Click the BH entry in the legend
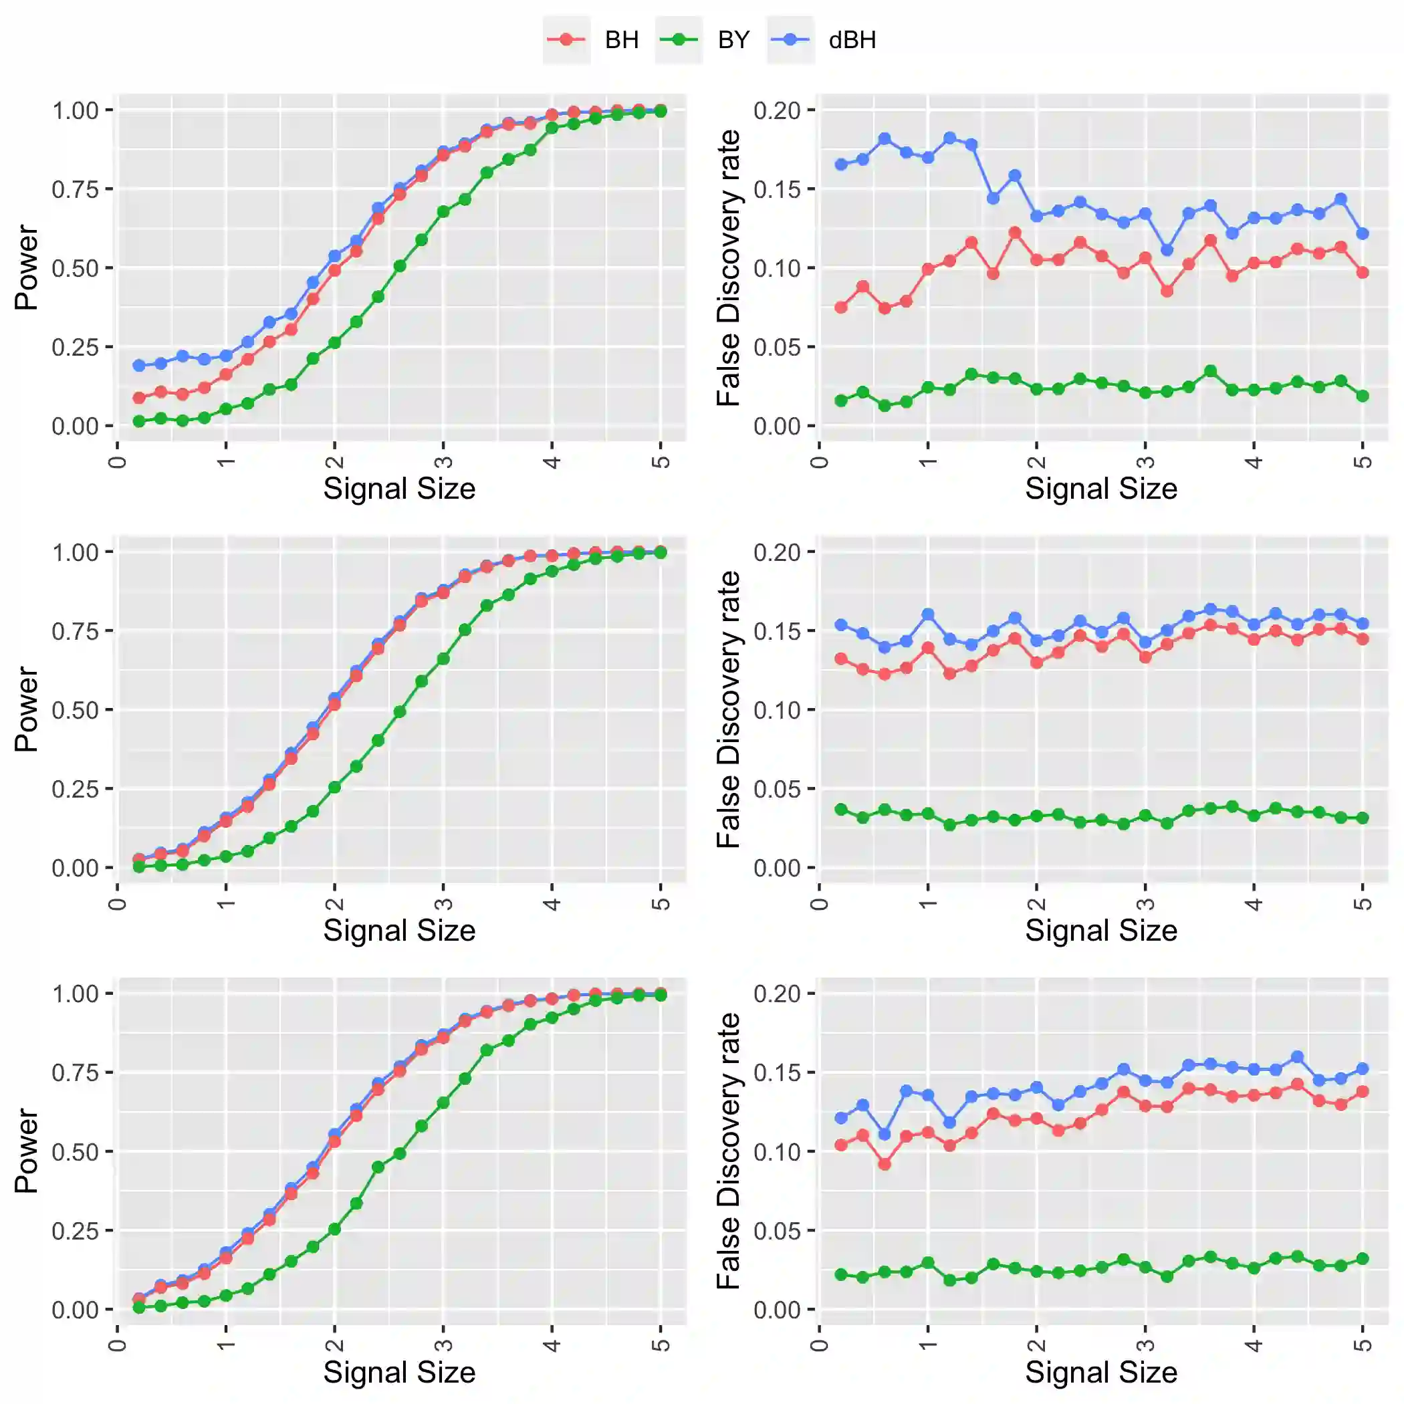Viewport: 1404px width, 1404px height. point(621,39)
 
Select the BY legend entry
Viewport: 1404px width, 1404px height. point(733,39)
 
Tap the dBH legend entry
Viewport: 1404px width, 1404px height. point(852,39)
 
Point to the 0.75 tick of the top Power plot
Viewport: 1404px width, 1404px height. point(75,189)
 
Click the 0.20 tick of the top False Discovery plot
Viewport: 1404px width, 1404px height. point(777,110)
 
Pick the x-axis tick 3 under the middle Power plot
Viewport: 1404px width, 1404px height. point(443,903)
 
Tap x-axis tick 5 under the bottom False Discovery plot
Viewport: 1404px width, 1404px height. point(1363,1345)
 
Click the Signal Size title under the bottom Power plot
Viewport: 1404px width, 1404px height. point(399,1372)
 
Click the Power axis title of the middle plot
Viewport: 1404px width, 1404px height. point(26,709)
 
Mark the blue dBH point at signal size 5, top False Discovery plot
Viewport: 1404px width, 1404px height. point(1363,233)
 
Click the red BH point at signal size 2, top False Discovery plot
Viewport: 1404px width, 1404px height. point(1037,259)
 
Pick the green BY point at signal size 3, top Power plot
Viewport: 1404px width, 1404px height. point(443,211)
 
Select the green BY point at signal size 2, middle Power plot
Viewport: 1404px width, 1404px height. point(334,787)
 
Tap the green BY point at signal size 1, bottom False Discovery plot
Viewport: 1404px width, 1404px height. point(928,1262)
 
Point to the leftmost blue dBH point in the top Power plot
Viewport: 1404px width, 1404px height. point(139,365)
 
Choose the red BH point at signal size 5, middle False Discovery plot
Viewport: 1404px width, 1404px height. point(1363,638)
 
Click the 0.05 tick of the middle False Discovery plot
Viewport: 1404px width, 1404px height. point(777,788)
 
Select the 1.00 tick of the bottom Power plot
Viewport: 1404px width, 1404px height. point(75,993)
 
